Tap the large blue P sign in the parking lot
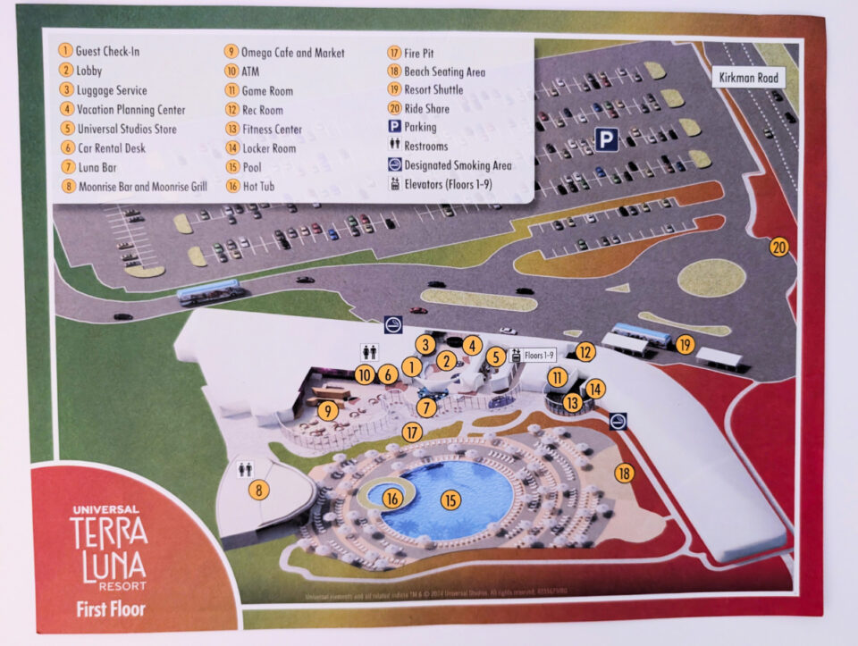(607, 139)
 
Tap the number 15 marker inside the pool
(450, 500)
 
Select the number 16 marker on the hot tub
(392, 499)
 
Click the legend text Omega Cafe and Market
(292, 53)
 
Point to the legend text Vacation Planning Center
(131, 110)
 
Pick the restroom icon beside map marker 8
(247, 467)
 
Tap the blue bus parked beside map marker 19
(641, 335)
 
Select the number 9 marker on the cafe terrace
(329, 412)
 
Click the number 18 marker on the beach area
(624, 474)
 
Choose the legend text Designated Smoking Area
(458, 165)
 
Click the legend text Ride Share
(426, 109)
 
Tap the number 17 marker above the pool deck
(411, 432)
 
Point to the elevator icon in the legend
(394, 184)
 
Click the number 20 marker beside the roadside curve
(778, 247)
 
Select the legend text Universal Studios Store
(126, 129)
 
